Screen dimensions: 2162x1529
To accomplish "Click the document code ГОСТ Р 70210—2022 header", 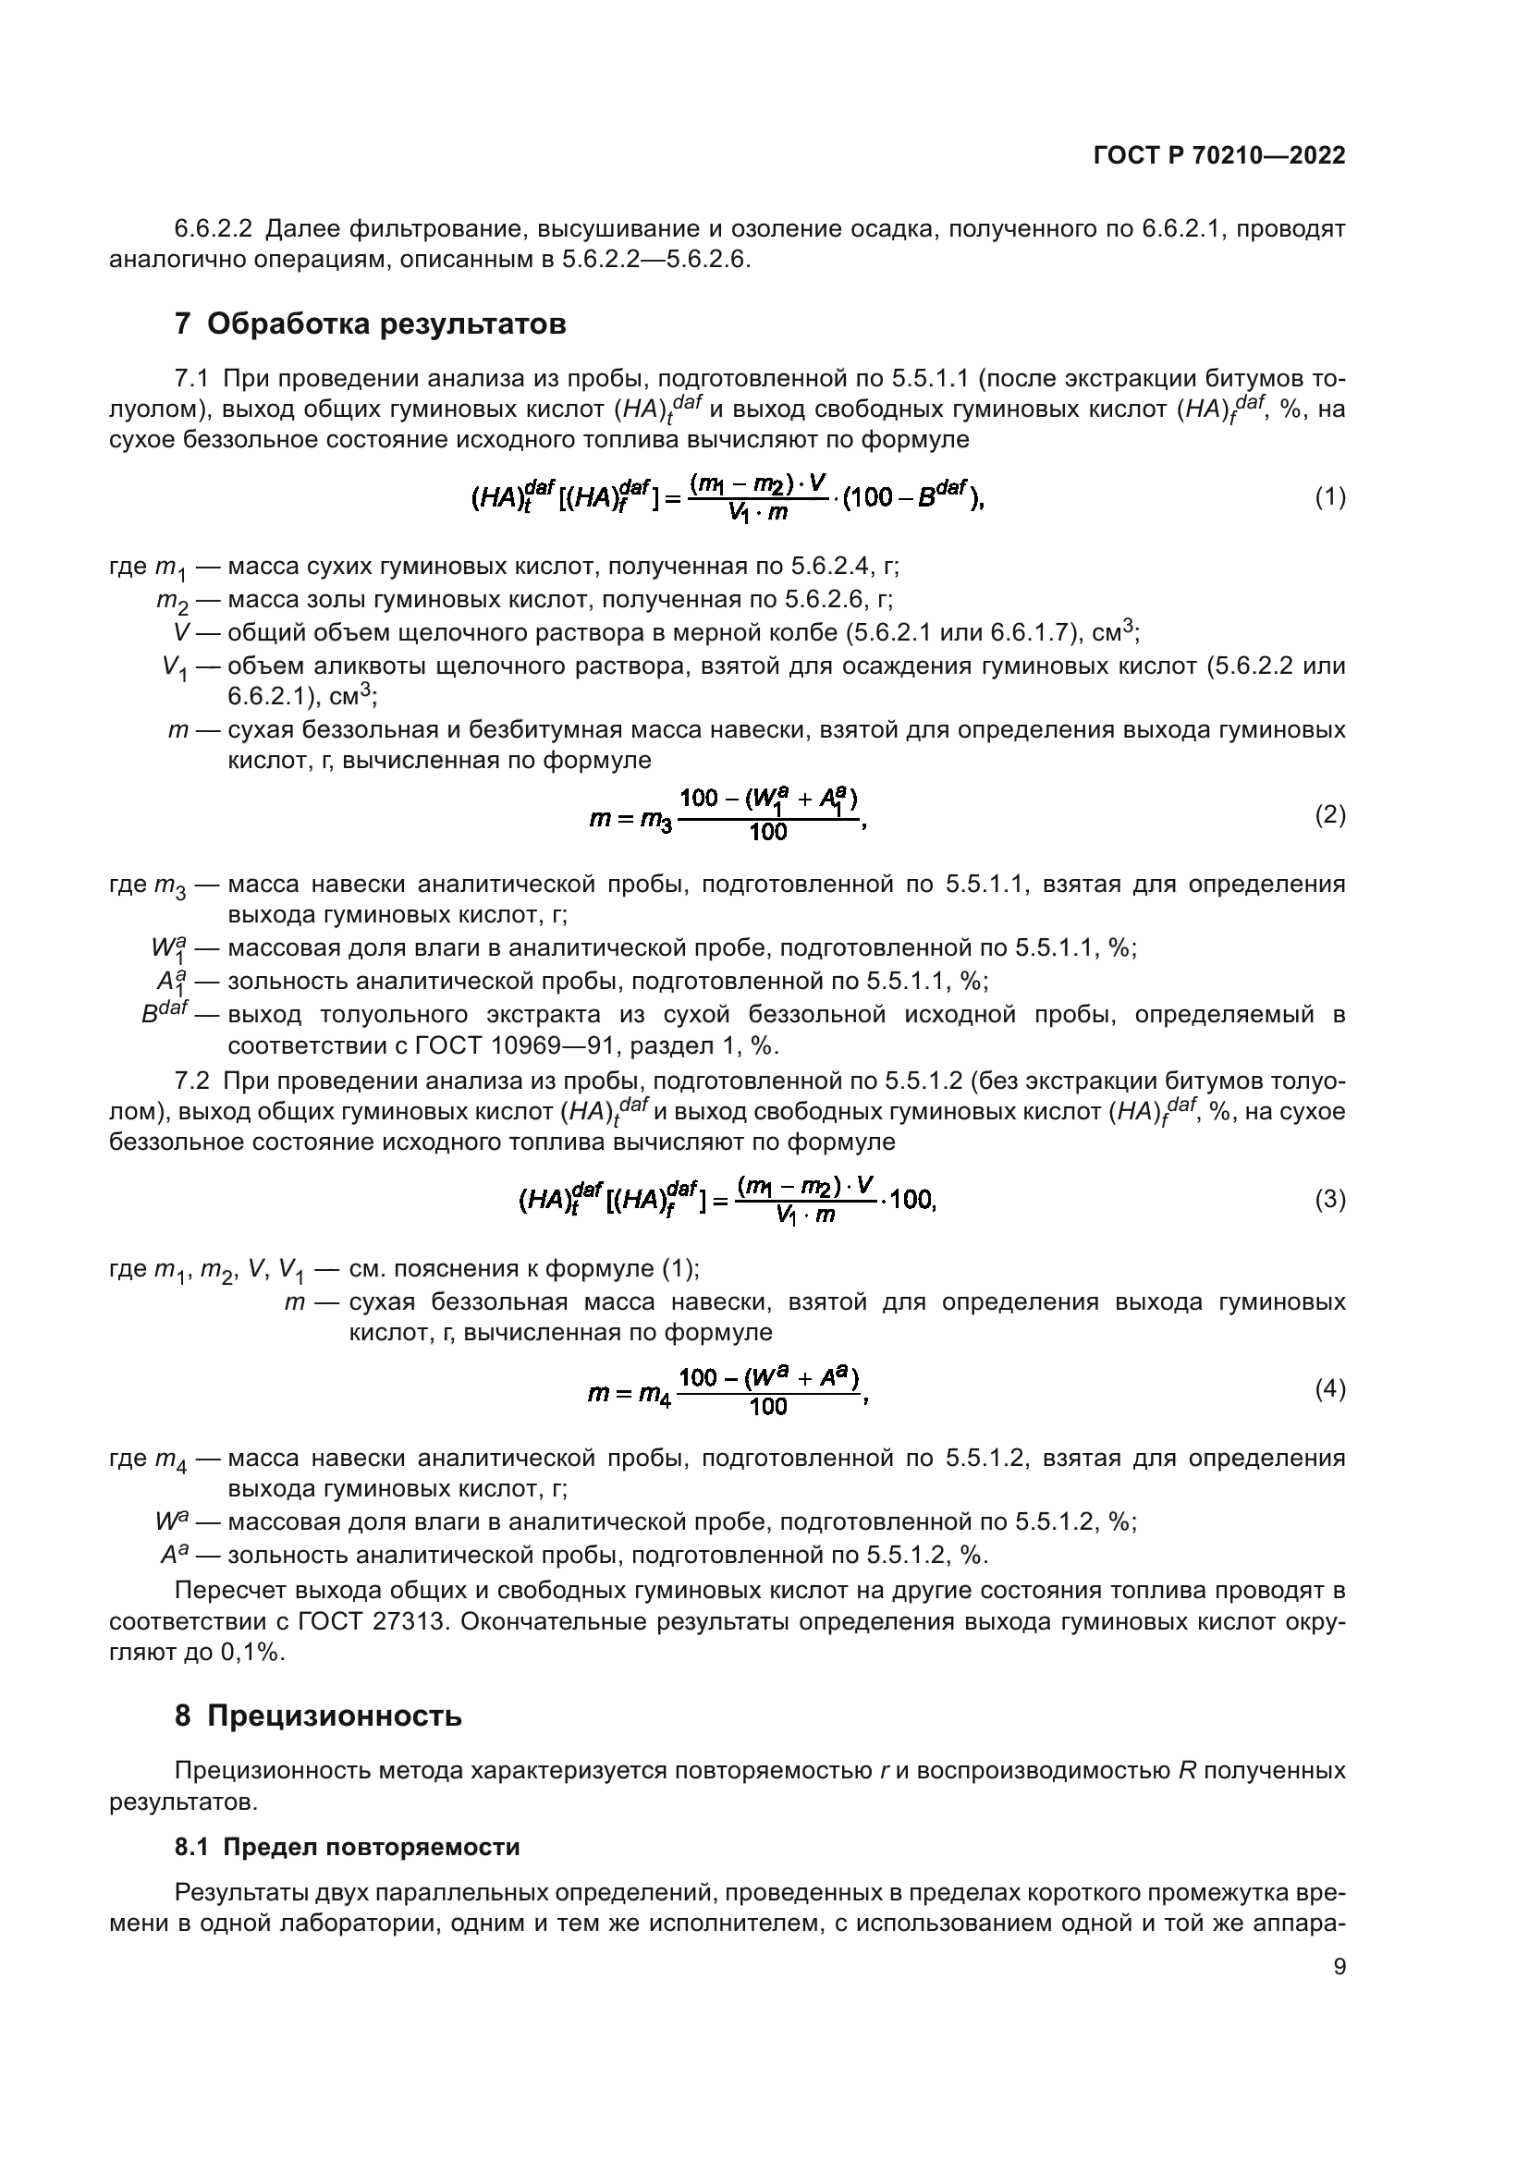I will tap(1219, 156).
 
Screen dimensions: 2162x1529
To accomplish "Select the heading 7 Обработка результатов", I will tap(370, 324).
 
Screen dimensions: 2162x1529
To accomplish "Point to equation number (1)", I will tap(1329, 497).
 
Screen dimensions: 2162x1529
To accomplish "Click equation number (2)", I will tap(1329, 814).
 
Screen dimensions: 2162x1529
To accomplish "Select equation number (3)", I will tap(1329, 1200).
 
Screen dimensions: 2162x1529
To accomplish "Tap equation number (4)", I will tap(1329, 1389).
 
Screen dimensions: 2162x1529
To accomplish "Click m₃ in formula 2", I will tap(656, 821).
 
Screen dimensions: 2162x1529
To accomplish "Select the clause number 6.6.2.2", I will tap(214, 229).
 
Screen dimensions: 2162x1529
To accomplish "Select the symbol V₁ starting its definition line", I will tap(174, 668).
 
